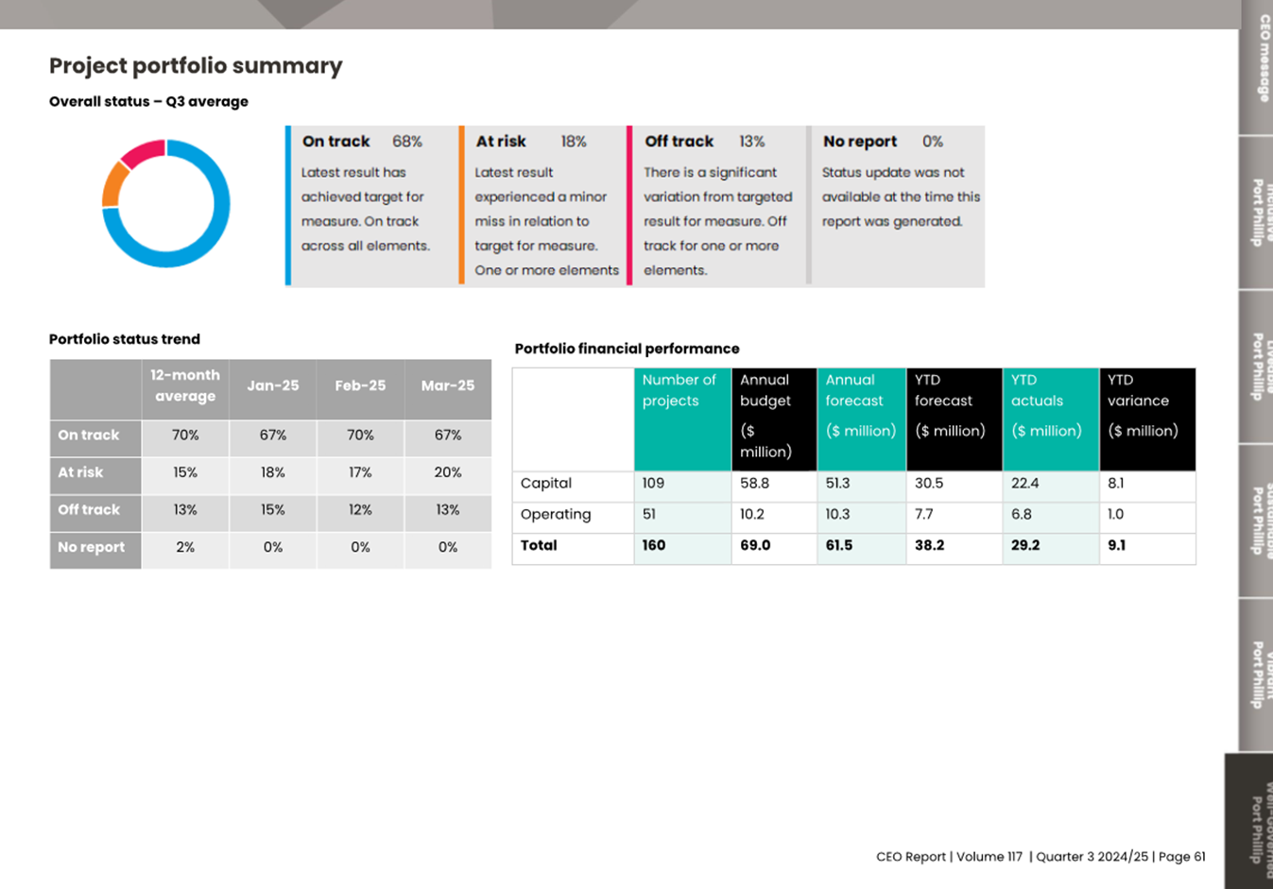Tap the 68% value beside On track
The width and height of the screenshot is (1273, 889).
pos(407,142)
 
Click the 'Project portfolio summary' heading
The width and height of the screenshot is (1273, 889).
pos(196,66)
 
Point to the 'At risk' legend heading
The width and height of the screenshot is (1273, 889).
pos(501,142)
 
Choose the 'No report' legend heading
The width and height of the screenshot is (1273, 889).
pos(859,142)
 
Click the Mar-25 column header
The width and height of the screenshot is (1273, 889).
pos(448,385)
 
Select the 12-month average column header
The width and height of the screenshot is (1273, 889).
pos(185,385)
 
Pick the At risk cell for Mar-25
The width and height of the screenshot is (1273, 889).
pos(448,472)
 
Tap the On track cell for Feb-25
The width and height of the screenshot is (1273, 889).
pos(360,436)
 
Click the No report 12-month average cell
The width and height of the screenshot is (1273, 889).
pos(185,547)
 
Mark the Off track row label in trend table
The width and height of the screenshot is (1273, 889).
pos(89,510)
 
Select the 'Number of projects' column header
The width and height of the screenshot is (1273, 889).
pos(679,390)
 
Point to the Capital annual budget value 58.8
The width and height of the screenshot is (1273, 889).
pos(754,484)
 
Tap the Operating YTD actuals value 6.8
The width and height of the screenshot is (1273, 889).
pos(1022,515)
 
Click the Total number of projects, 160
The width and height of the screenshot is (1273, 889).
pos(654,546)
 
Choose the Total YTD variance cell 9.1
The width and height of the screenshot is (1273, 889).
pos(1116,546)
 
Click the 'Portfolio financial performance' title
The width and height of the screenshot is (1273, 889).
pos(627,349)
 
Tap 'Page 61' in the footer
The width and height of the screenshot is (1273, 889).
pos(1181,857)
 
